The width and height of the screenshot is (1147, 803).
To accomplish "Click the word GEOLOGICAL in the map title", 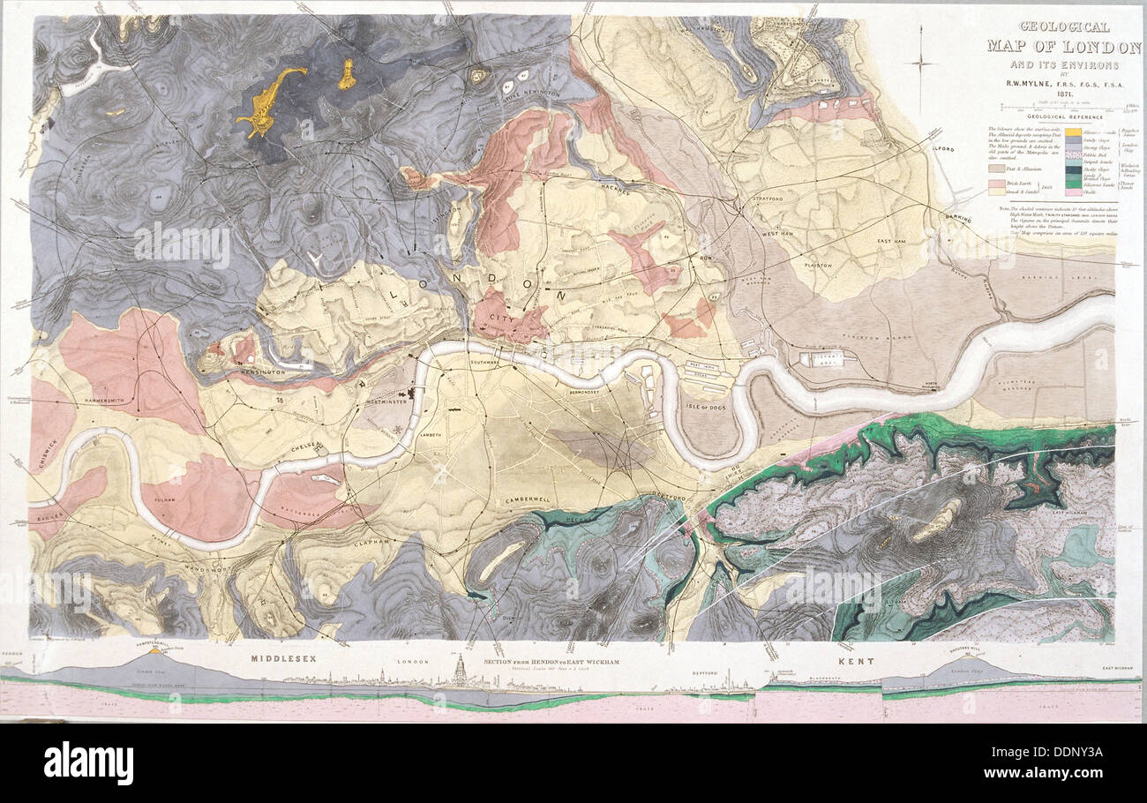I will point(1053,27).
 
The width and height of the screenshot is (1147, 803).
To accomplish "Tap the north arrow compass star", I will point(922,62).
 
